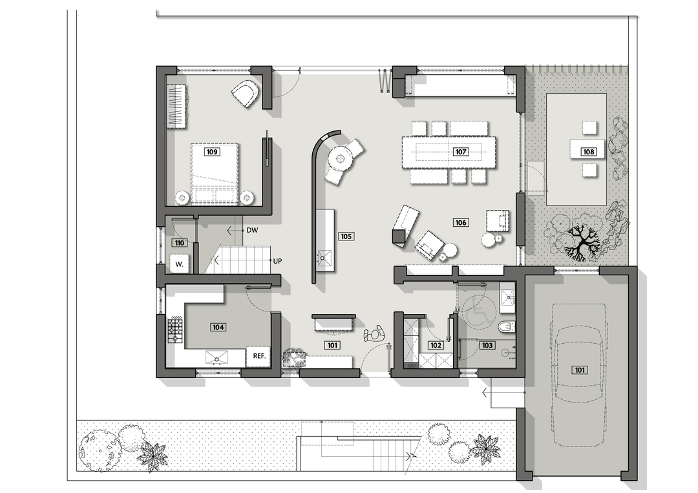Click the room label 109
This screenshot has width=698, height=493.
tap(212, 152)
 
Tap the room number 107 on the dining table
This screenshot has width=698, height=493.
tap(461, 152)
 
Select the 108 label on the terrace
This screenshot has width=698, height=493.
tap(589, 152)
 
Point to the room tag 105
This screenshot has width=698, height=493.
tap(346, 236)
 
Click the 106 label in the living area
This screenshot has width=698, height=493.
tap(461, 222)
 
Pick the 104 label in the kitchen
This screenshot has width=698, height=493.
tap(218, 327)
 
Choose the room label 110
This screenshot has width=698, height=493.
tap(180, 242)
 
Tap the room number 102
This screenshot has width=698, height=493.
tap(436, 345)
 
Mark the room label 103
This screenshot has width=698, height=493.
tap(487, 345)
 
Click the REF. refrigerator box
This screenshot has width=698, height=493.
tap(259, 357)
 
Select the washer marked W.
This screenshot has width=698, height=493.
tap(180, 264)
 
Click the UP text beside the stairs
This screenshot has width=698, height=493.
tap(277, 261)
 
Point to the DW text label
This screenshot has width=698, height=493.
tap(253, 231)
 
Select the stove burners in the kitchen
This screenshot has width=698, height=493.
tap(175, 330)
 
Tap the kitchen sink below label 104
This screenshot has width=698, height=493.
tap(217, 357)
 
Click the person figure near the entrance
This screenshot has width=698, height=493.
tap(375, 334)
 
